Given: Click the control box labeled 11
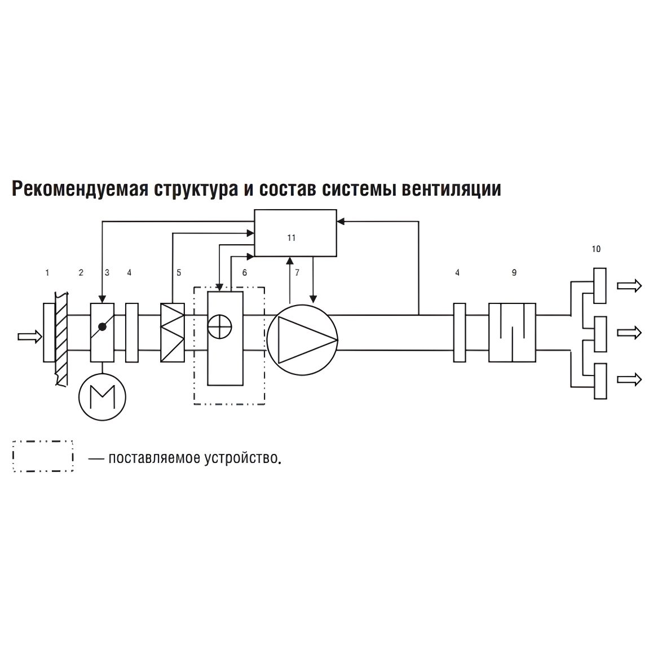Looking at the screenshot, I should coord(295,233).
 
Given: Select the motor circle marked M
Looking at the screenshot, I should coord(102,396).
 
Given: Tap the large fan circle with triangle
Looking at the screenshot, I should coord(302,339).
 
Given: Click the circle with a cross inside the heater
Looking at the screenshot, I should coord(219,327).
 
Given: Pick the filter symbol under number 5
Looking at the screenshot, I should coord(173,333).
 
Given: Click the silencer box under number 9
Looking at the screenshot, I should coord(512,333).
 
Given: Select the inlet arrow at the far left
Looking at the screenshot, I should coord(29,337).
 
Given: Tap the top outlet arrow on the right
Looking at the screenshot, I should coord(629,286).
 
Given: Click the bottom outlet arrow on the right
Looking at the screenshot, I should coord(629,379).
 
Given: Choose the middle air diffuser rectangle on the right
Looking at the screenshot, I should coord(601,334).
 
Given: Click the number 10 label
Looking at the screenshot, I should coord(597,249).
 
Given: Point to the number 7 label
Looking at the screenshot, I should coord(297,273).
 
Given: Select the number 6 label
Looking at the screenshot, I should coord(244,273).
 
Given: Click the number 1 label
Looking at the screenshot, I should coord(47,273).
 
